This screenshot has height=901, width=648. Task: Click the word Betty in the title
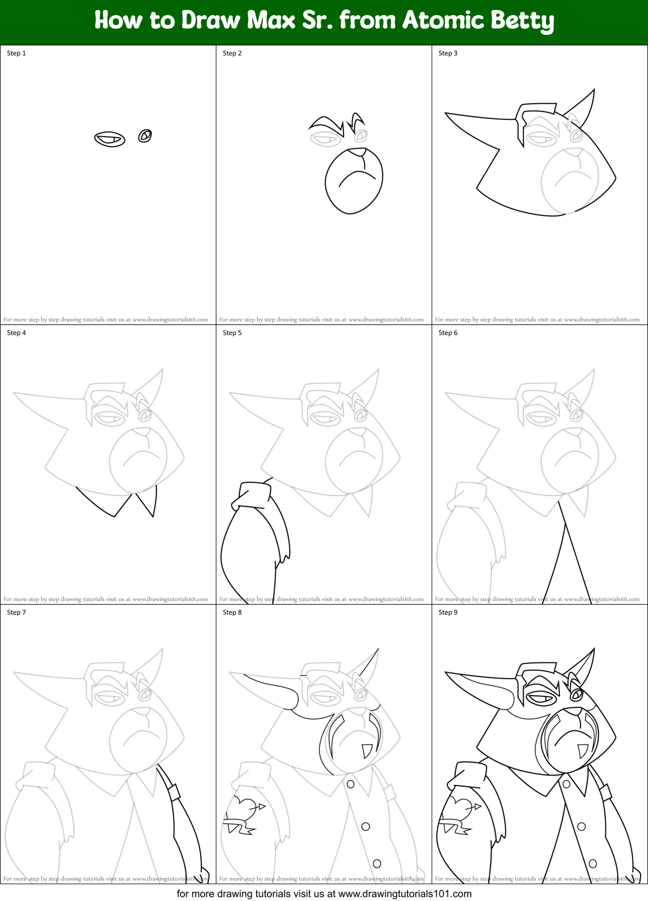(522, 21)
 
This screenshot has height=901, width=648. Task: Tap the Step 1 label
(16, 53)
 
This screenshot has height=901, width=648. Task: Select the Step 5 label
(232, 333)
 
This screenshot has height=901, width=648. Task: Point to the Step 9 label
(448, 612)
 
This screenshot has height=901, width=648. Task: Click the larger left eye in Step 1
(109, 139)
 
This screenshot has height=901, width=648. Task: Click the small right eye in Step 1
(145, 136)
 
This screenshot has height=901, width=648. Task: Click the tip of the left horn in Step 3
(446, 114)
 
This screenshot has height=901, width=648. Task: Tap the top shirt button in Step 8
(350, 784)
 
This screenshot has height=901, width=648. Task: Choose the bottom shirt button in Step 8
(377, 863)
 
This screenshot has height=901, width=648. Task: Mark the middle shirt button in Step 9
(581, 826)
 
